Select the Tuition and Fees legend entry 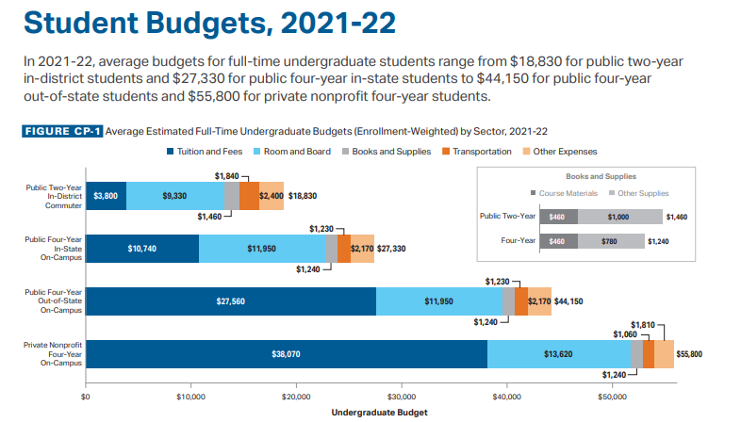pos(203,152)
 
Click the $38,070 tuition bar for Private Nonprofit pos(287,354)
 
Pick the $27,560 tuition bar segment pos(231,301)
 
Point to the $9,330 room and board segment pos(174,196)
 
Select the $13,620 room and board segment pos(559,354)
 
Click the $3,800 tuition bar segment pos(106,196)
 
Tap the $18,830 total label pos(302,196)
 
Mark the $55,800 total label pos(690,354)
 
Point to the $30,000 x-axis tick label pos(403,398)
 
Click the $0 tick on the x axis pos(86,398)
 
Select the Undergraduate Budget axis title pos(380,413)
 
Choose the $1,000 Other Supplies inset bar pos(618,217)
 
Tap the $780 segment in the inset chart pos(611,241)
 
